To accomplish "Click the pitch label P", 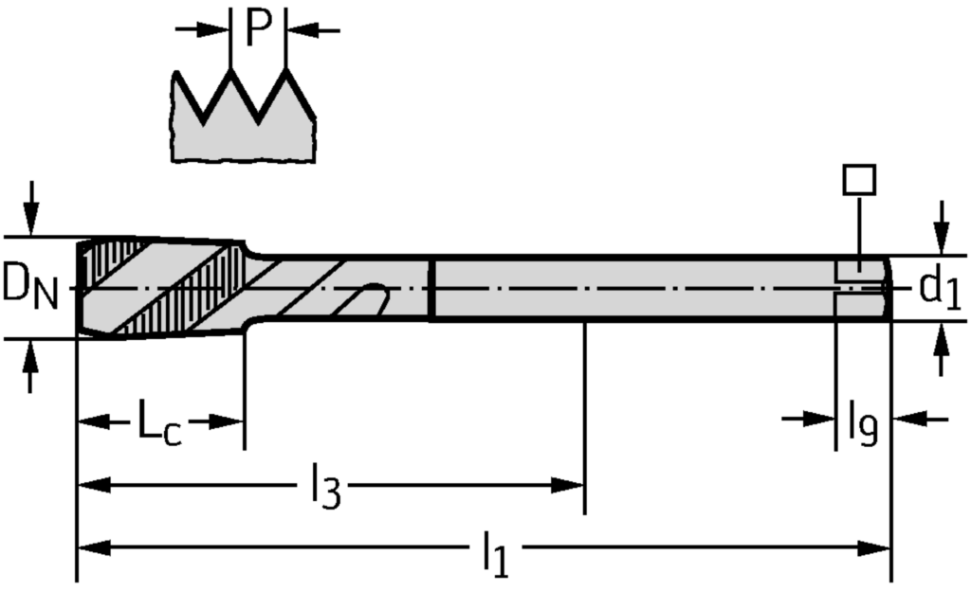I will click(x=258, y=28).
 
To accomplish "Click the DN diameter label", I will click(x=29, y=287).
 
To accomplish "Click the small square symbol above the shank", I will click(x=859, y=180).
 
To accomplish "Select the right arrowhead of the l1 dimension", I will click(x=876, y=547).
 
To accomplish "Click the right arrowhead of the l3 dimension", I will click(x=569, y=486).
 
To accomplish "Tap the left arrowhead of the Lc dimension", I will click(x=91, y=421).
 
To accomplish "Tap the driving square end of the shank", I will click(x=863, y=288).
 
